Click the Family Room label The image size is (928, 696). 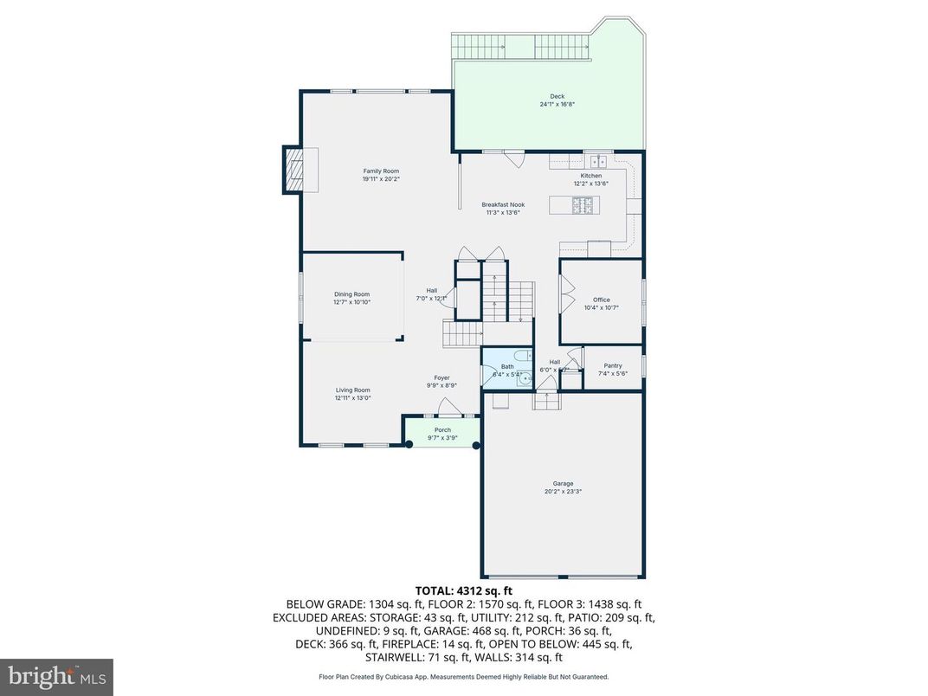pos(381,171)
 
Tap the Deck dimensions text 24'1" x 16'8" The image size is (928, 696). pos(557,104)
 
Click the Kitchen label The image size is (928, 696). pos(590,176)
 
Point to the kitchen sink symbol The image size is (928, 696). pos(597,160)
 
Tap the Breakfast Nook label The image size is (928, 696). pos(504,204)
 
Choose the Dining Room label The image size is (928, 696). pos(351,294)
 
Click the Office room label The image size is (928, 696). pos(601,300)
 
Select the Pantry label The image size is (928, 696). pos(612,365)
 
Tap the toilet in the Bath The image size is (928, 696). pos(522,356)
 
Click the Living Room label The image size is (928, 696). pos(353,390)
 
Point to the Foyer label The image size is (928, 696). pos(441,377)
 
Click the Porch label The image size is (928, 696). pos(442,430)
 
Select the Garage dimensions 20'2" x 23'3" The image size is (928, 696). pos(564,492)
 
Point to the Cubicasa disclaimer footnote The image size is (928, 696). pos(464,677)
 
